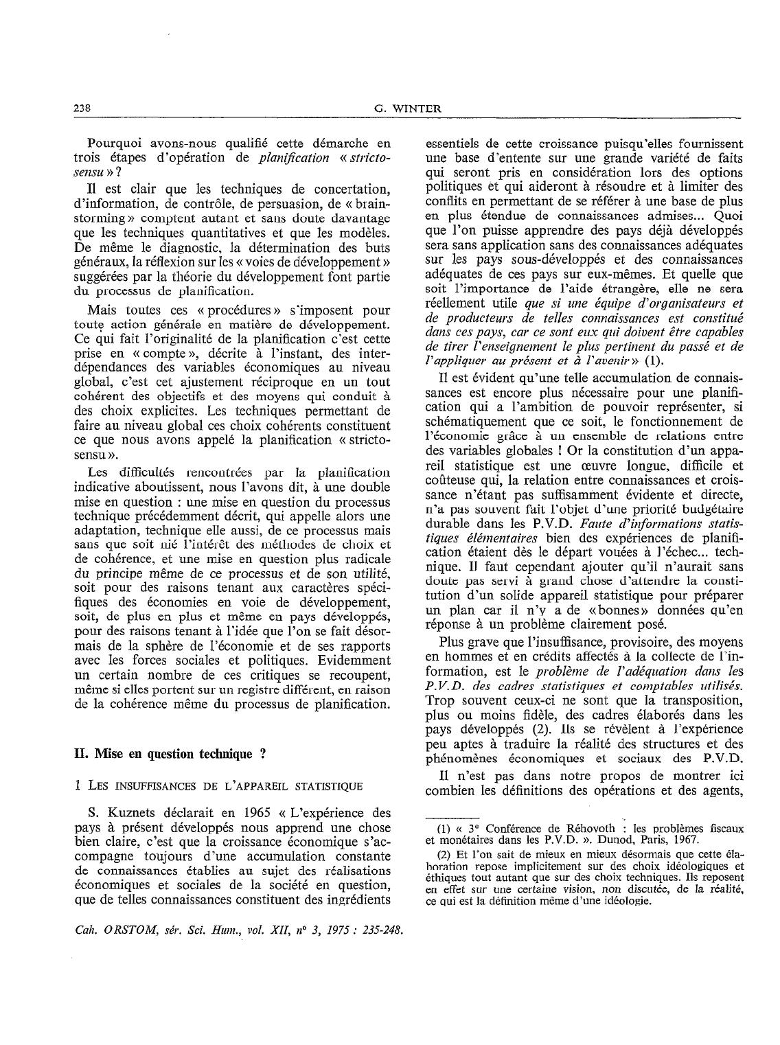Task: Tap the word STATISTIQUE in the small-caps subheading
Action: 333,785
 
